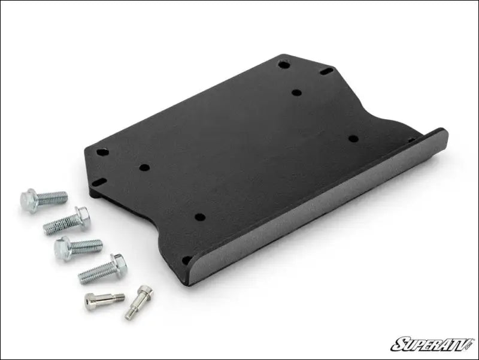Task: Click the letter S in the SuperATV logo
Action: click(x=399, y=344)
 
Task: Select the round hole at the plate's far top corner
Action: click(x=284, y=63)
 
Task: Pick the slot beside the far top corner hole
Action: click(x=326, y=71)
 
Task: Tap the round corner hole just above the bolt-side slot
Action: click(x=102, y=153)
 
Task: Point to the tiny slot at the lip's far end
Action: click(x=411, y=140)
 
